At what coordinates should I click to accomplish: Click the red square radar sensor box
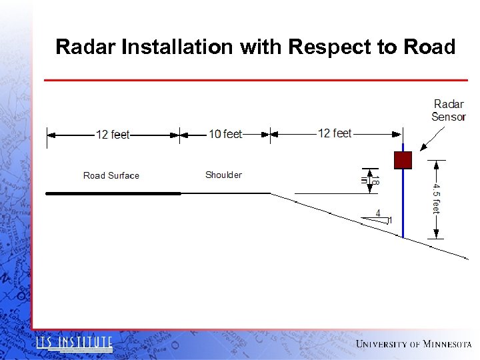tap(403, 160)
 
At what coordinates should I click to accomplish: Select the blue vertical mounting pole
tap(403, 207)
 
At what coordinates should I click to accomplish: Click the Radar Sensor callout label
tap(448, 110)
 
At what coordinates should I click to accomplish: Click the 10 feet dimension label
tap(225, 134)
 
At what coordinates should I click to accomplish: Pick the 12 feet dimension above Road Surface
tap(113, 135)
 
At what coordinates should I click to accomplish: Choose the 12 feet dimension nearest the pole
tap(334, 133)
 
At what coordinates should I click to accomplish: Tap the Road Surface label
tap(111, 175)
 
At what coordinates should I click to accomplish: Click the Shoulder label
tap(223, 175)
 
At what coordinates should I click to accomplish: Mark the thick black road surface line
tap(113, 193)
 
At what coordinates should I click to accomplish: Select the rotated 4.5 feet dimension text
tap(436, 198)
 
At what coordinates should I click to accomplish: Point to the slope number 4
tap(378, 213)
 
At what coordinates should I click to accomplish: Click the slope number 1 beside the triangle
tap(391, 220)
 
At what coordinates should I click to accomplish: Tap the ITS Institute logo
tap(74, 343)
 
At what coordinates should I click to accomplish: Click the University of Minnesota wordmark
tap(413, 344)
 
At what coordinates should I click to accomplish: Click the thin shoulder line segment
tap(225, 193)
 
